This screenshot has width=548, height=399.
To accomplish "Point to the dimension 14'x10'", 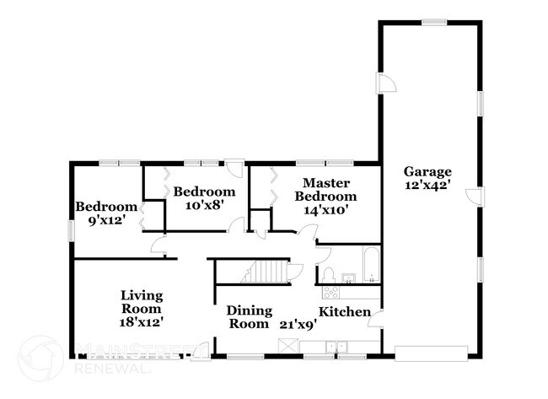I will point(321,210).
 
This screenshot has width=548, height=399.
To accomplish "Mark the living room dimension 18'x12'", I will point(141,321).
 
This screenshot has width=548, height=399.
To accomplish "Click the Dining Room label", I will point(249,316).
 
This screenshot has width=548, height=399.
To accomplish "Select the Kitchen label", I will point(345,312).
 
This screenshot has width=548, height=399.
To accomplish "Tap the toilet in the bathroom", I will point(330,276).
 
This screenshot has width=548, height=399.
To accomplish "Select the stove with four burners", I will point(330,293).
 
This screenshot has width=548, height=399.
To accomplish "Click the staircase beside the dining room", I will point(266,272).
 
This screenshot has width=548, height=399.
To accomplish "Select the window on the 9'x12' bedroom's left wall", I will point(71,229).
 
